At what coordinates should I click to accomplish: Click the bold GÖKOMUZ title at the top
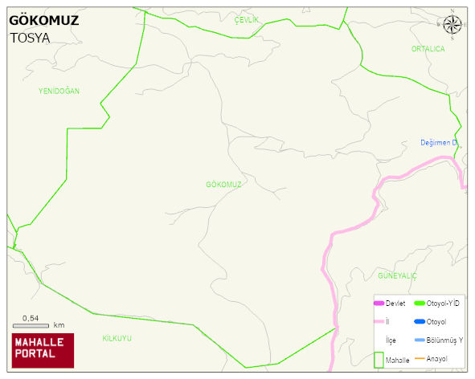[x=43, y=21]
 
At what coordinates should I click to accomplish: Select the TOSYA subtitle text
[x=30, y=38]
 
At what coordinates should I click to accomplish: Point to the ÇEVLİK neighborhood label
[x=247, y=18]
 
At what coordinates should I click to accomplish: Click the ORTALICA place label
[x=428, y=49]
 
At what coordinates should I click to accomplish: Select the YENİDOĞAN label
[x=59, y=92]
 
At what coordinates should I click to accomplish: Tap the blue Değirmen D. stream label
[x=439, y=143]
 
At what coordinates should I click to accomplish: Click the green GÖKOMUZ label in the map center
[x=223, y=185]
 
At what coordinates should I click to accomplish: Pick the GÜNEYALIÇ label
[x=396, y=275]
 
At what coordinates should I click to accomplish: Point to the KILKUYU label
[x=117, y=338]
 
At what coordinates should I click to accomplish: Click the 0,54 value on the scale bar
[x=31, y=318]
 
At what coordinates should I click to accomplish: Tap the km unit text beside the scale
[x=59, y=325]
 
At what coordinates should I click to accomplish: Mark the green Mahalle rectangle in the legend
[x=379, y=360]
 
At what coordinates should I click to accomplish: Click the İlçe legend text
[x=391, y=340]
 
